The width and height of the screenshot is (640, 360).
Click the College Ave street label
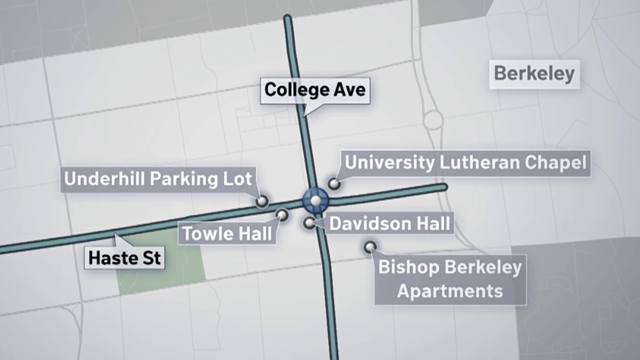[x=315, y=89]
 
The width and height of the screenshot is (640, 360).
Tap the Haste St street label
[x=125, y=259]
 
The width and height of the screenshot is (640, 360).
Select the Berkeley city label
[x=534, y=74]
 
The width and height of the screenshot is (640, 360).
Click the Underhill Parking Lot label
[x=157, y=179]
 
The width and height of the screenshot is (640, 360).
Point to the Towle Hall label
[x=227, y=233]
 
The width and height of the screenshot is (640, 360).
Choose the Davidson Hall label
[x=390, y=222]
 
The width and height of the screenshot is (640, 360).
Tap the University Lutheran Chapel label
[x=466, y=162]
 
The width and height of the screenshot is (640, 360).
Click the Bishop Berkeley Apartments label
[x=450, y=279]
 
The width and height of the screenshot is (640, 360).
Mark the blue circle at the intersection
[x=316, y=201]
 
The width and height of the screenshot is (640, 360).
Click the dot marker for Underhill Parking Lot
[x=261, y=201]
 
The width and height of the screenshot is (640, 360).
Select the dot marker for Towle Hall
[x=282, y=215]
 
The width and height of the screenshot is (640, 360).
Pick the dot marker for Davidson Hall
[x=310, y=223]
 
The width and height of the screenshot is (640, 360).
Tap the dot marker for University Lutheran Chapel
[x=334, y=184]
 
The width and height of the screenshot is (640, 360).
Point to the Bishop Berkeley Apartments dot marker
[x=369, y=247]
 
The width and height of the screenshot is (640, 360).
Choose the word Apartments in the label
[x=450, y=291]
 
